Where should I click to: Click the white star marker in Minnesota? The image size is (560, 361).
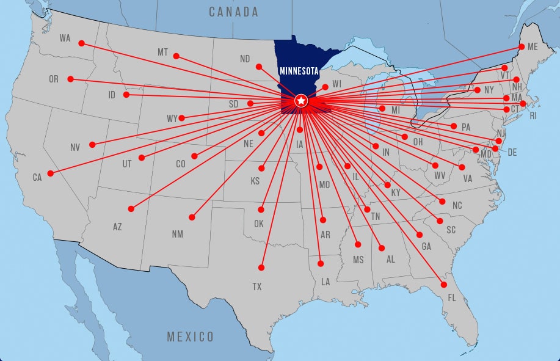pos(300,100)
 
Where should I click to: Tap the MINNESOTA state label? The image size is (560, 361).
pos(299,71)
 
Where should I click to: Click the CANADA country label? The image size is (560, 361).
pos(233,12)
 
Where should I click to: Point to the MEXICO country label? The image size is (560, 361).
pos(191,337)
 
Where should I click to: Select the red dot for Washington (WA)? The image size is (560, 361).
pos(81,43)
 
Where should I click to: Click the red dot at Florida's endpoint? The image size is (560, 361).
pos(444,285)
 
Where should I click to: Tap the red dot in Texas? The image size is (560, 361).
pos(261,268)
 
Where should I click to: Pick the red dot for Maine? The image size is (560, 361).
pos(522,46)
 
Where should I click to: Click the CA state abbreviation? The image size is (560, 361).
pos(37,178)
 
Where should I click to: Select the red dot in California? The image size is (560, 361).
pos(50,173)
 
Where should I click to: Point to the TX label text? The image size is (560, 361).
pos(257,286)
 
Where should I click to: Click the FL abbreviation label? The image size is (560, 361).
pos(452,298)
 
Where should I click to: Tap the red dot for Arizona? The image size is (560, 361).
pos(131,209)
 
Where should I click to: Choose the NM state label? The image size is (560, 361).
pos(177,234)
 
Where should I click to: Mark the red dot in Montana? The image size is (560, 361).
pos(176,56)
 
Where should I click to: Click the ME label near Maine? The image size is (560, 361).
pos(533,46)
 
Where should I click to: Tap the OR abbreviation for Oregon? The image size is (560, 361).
pos(54,79)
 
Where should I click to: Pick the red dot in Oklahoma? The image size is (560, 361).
pos(261,210)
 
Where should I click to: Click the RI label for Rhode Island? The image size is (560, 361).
pos(533,115)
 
